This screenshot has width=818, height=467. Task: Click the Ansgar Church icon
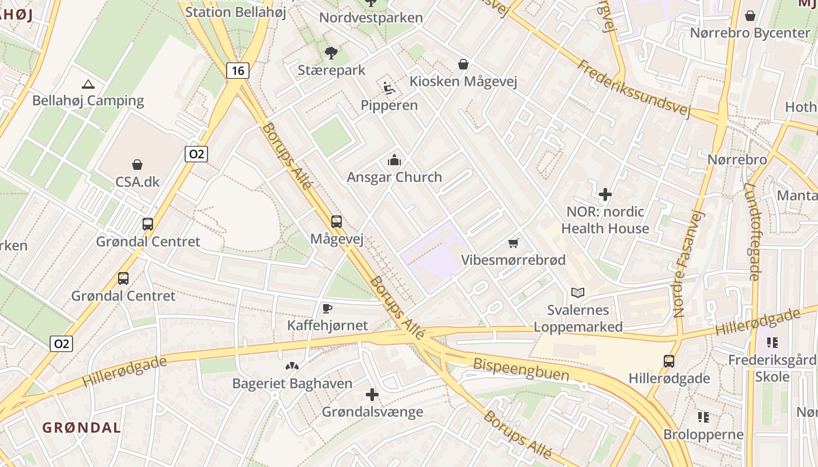(394, 160)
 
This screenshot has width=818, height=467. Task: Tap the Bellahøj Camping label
(88, 100)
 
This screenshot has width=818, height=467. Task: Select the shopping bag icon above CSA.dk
(137, 165)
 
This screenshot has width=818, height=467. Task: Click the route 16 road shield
(238, 71)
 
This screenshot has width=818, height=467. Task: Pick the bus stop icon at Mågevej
(337, 222)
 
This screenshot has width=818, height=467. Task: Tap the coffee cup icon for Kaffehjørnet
(327, 308)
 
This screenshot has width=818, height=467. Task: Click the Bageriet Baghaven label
(292, 384)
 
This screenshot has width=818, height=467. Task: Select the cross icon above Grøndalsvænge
(372, 395)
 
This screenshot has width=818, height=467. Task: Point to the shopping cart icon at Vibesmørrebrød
(514, 243)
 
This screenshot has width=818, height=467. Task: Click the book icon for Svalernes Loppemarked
(578, 292)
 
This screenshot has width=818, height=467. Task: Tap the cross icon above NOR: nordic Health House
(605, 194)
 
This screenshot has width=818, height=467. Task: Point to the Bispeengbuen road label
(521, 370)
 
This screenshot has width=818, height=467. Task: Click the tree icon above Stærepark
(331, 54)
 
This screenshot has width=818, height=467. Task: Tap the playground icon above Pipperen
(389, 88)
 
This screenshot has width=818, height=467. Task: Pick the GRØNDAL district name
(81, 427)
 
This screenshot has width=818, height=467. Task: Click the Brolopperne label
(703, 434)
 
